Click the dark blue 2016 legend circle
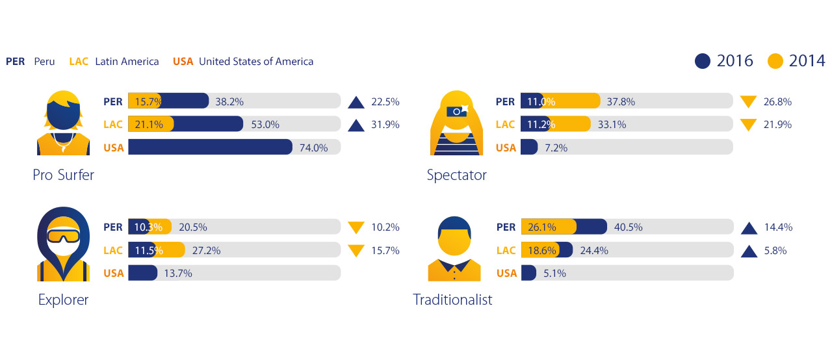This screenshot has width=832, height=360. click(703, 61)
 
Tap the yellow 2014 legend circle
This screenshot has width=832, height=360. click(775, 61)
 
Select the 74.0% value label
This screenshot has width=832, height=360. click(313, 148)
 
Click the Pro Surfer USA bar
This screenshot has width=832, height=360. click(210, 148)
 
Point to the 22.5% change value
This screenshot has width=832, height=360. click(385, 102)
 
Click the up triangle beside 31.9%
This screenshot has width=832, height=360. click(356, 125)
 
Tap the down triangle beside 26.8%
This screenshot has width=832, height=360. click(748, 102)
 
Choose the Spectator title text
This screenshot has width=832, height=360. click(456, 175)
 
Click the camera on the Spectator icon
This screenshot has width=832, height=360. click(458, 111)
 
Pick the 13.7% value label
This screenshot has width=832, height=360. click(178, 274)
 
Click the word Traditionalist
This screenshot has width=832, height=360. click(452, 300)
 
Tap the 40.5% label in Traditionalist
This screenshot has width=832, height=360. click(628, 227)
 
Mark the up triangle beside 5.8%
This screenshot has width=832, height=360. click(749, 251)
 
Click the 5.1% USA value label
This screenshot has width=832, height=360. click(554, 274)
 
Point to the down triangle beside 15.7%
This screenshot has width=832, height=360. click(356, 251)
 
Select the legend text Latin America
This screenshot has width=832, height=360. click(127, 62)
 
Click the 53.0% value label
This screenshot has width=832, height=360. click(265, 125)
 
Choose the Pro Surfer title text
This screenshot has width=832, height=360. click(63, 175)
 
